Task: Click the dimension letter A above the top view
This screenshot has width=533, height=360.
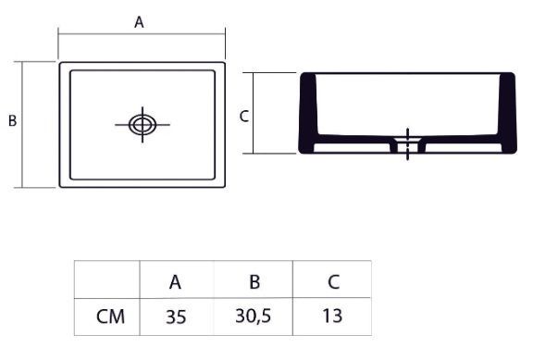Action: [139, 22]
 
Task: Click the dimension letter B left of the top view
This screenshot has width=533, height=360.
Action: [13, 120]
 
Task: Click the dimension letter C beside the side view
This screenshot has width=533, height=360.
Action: [244, 117]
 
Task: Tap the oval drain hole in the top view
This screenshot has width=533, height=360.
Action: [143, 125]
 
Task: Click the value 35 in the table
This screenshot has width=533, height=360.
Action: [176, 317]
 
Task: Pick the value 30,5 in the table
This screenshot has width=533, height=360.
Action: [254, 317]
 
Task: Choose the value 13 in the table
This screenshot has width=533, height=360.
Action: [332, 316]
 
